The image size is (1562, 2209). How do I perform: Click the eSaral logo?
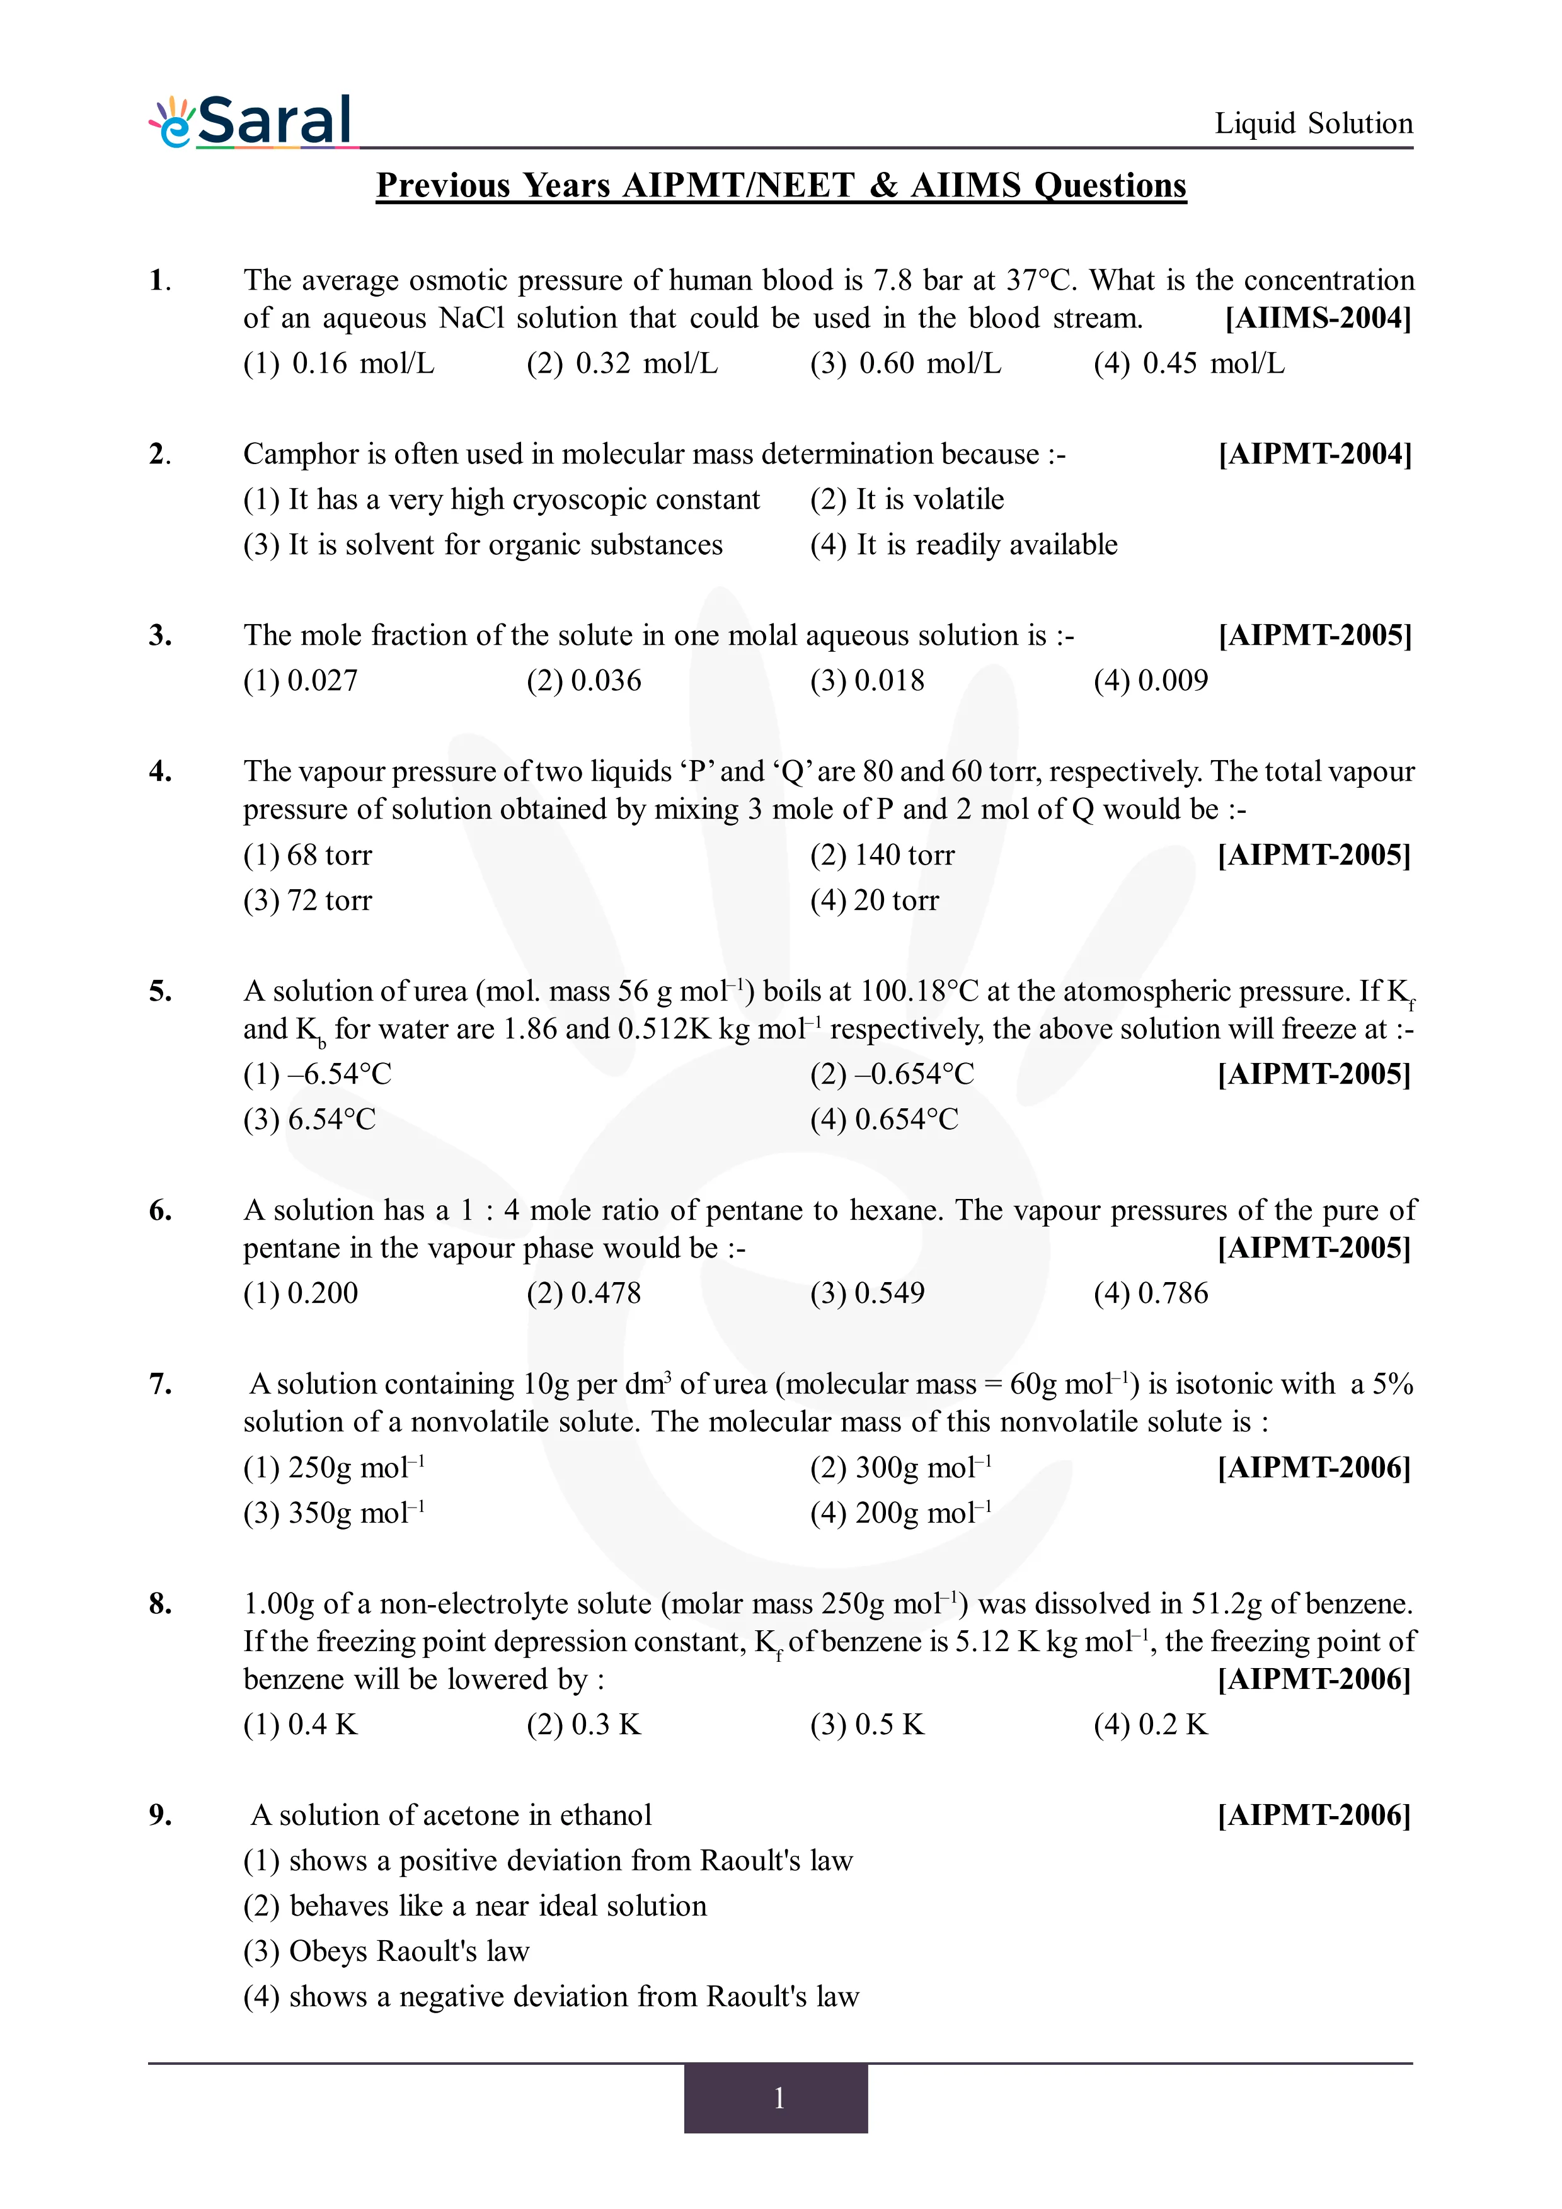point(252,122)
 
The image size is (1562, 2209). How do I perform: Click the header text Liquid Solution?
point(1312,123)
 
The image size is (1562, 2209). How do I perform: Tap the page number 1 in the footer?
point(779,2098)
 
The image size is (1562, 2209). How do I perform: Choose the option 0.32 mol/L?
point(622,364)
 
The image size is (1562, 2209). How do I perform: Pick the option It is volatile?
point(907,499)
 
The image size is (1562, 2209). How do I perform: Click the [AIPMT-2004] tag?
point(1314,454)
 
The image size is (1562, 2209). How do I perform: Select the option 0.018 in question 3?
point(867,681)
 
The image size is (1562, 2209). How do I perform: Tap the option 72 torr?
point(308,900)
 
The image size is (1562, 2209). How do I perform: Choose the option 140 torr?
point(883,855)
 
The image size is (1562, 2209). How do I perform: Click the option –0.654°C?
point(892,1074)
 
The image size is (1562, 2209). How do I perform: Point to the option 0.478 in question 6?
point(584,1293)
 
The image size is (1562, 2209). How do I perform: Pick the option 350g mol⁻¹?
point(334,1513)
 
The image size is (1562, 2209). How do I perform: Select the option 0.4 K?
point(301,1724)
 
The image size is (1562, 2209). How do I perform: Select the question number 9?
point(160,1815)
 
